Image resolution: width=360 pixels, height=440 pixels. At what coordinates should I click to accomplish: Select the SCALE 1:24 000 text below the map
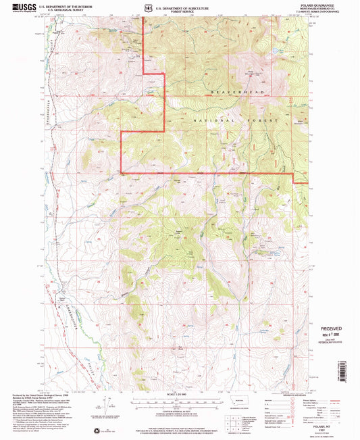pos(179,395)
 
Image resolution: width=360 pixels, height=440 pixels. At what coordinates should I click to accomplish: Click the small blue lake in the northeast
pos(274,51)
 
